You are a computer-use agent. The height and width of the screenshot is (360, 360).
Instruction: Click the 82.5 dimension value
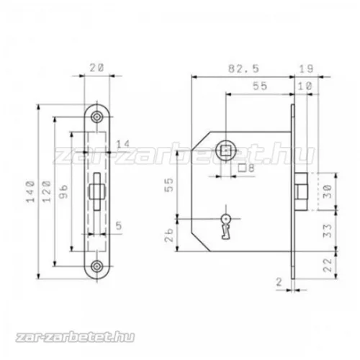point(243,69)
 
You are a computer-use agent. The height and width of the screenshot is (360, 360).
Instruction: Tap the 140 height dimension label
point(31,192)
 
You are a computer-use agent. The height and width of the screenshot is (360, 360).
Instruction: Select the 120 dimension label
point(47,192)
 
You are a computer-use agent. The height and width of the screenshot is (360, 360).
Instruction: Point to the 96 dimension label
point(63,192)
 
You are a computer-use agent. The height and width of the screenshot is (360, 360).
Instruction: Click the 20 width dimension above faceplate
point(97,68)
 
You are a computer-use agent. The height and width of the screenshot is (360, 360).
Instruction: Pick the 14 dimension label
point(123,144)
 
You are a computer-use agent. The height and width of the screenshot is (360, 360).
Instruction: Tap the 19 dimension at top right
point(307,69)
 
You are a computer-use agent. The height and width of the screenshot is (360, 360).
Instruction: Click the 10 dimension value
point(305,86)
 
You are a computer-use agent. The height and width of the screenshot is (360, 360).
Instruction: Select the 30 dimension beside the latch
point(328,192)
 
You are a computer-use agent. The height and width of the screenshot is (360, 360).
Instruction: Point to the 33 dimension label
point(328,231)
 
